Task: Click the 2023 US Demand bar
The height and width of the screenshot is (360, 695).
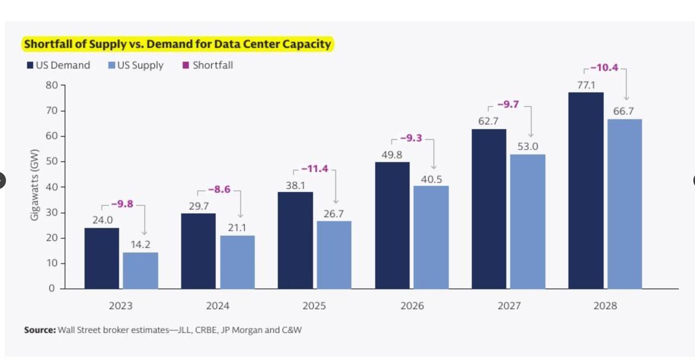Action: pyautogui.click(x=102, y=258)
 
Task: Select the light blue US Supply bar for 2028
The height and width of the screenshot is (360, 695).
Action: pyautogui.click(x=624, y=204)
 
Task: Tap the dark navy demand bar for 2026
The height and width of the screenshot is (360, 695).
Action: pyautogui.click(x=392, y=225)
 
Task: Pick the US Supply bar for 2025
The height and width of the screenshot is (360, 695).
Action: pyautogui.click(x=334, y=255)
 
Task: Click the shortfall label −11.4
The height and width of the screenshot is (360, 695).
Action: pyautogui.click(x=315, y=169)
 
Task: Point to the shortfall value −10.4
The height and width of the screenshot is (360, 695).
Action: pyautogui.click(x=604, y=68)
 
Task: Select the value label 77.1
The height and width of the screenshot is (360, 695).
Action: pyautogui.click(x=586, y=85)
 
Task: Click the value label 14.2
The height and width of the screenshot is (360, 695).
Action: pyautogui.click(x=140, y=244)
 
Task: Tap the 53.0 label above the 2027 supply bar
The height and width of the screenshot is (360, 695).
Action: pyautogui.click(x=528, y=147)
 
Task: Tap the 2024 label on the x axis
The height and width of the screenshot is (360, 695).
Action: pyautogui.click(x=218, y=306)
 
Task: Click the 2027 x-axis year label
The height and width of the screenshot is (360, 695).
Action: pyautogui.click(x=509, y=306)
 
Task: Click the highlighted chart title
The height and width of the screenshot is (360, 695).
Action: pyautogui.click(x=178, y=44)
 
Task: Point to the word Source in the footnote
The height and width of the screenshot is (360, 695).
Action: pyautogui.click(x=39, y=330)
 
